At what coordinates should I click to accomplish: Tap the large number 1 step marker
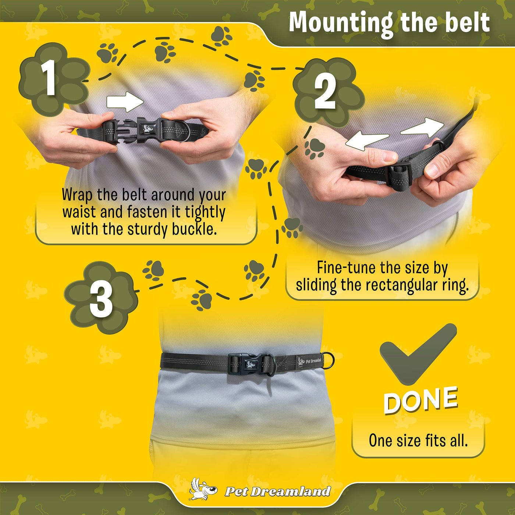(49, 78)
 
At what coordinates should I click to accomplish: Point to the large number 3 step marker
(101, 300)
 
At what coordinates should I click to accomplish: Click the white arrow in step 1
(125, 102)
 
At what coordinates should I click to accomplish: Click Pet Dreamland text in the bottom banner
(278, 491)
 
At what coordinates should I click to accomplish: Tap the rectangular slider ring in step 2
(399, 177)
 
